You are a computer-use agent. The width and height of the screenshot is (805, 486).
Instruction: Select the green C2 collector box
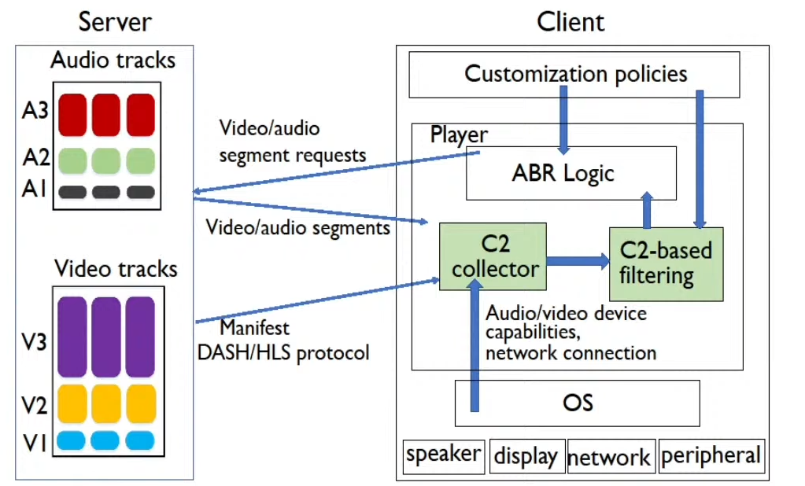tap(492, 256)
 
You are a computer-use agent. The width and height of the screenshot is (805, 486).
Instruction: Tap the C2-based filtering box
tap(666, 263)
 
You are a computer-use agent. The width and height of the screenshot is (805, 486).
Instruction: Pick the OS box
tap(577, 403)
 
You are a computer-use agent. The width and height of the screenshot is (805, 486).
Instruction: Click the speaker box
tap(444, 455)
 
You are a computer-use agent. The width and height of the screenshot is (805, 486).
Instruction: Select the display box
tap(526, 456)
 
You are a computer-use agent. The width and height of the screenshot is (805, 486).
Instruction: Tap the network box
tap(609, 457)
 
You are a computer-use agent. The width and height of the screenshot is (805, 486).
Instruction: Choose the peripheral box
tap(711, 455)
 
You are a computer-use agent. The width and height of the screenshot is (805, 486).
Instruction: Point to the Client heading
tap(571, 21)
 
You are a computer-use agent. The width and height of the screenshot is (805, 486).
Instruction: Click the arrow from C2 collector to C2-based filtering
tap(577, 259)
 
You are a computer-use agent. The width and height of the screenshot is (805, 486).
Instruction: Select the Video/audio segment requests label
tap(292, 142)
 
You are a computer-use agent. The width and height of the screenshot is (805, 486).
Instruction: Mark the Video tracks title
tap(116, 269)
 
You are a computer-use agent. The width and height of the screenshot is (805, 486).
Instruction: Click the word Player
tap(459, 134)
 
